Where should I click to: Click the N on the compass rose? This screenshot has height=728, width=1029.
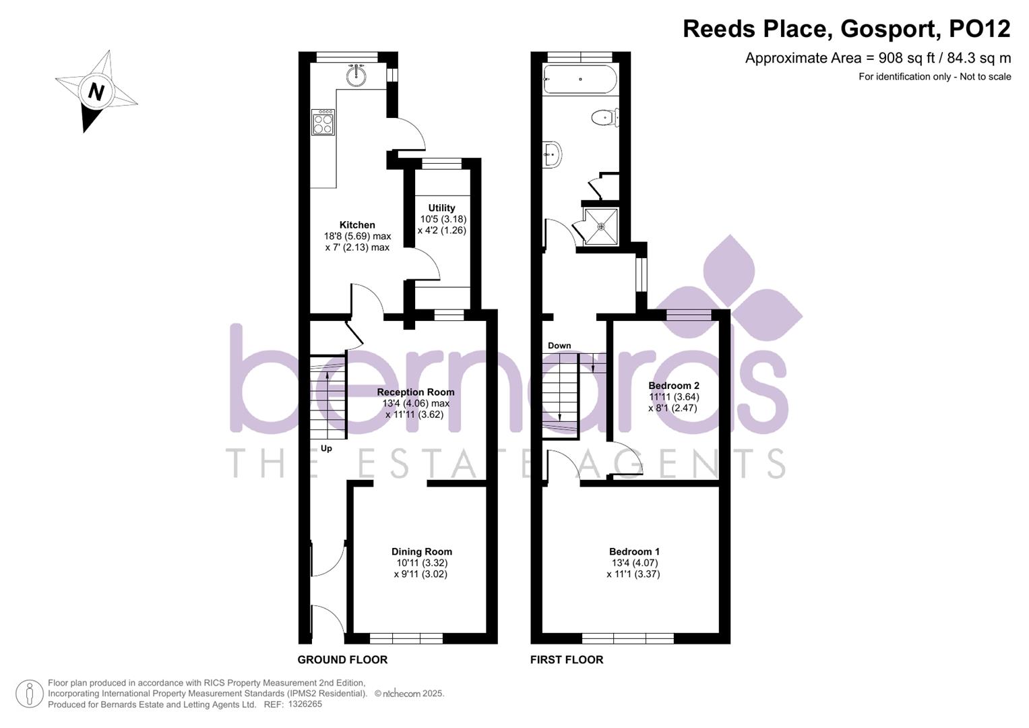click(96, 91)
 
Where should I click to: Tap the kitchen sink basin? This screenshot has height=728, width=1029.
click(356, 75)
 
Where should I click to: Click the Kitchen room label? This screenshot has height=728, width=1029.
click(357, 225)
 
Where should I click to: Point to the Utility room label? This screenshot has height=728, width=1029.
click(441, 208)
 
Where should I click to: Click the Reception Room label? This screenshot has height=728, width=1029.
click(415, 392)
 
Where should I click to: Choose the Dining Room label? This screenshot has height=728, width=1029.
click(422, 552)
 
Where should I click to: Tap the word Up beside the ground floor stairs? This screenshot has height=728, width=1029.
click(326, 448)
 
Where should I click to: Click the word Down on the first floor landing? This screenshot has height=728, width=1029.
click(559, 346)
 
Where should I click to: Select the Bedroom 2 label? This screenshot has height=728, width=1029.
click(674, 386)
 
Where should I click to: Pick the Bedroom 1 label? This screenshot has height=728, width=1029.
click(634, 552)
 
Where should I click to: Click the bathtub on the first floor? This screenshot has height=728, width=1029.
click(580, 80)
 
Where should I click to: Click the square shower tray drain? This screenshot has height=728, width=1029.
click(601, 226)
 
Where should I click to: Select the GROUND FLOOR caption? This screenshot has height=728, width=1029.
click(342, 660)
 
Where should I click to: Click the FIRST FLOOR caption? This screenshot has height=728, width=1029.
click(567, 660)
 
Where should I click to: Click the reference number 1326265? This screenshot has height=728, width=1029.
click(305, 704)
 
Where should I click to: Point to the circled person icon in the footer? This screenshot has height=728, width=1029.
click(30, 694)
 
